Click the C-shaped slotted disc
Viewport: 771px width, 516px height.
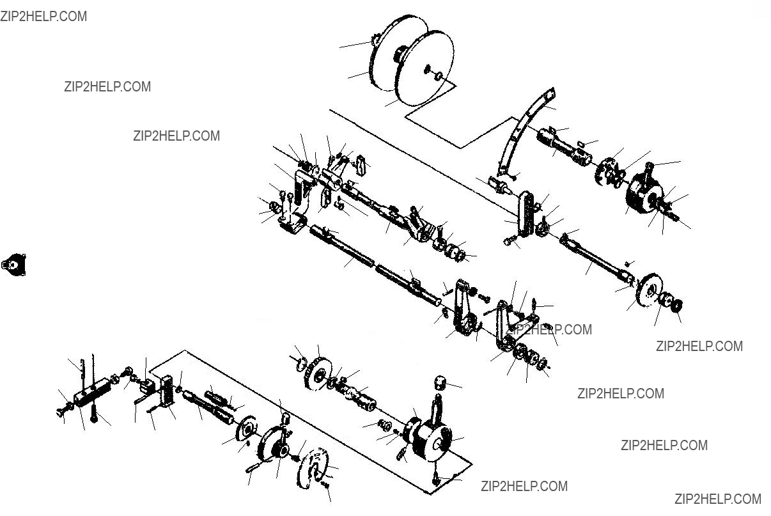tap(313, 468)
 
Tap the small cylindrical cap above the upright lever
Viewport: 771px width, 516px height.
tap(440, 382)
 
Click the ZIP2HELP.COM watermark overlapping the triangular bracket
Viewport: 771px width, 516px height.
tap(549, 329)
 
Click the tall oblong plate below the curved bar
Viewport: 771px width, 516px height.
tap(526, 214)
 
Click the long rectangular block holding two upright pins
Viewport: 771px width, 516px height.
tap(92, 393)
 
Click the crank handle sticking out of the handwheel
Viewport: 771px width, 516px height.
tap(253, 468)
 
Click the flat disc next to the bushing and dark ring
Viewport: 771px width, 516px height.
tap(650, 290)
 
